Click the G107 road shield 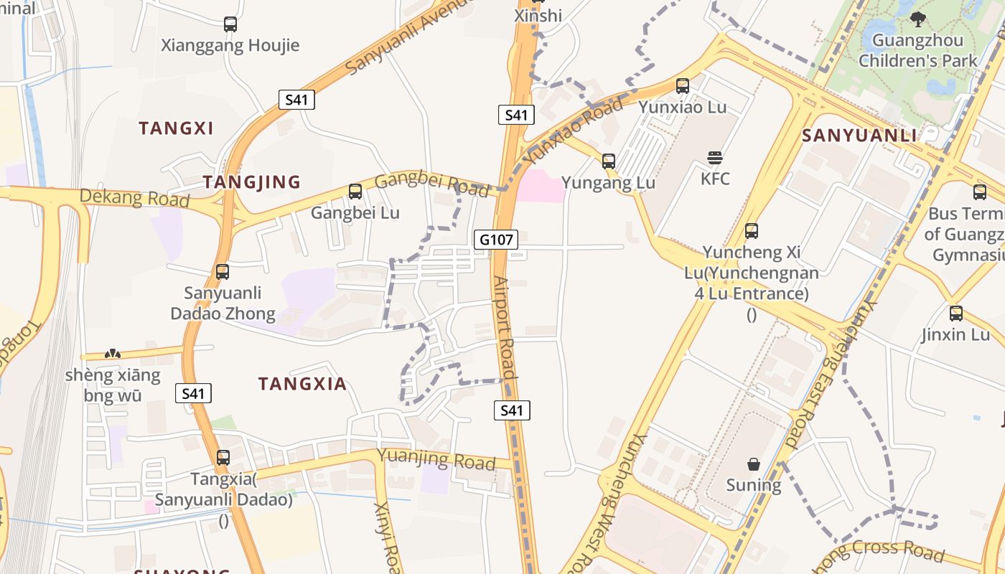[x=496, y=239]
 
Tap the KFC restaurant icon [x=714, y=158]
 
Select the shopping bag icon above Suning [x=753, y=464]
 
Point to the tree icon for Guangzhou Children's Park [x=917, y=19]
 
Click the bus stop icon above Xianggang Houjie [x=230, y=24]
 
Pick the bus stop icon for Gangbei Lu [x=355, y=192]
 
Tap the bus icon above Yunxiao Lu [x=682, y=86]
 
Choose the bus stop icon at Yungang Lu [x=608, y=161]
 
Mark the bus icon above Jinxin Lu [x=955, y=314]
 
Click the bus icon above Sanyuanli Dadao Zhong [x=223, y=272]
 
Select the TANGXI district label [x=176, y=128]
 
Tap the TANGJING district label [x=251, y=182]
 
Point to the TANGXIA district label [x=302, y=384]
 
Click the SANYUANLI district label [x=859, y=136]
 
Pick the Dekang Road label [x=134, y=197]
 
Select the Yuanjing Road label [x=436, y=459]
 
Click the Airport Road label [x=505, y=327]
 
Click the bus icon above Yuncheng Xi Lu [x=751, y=231]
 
